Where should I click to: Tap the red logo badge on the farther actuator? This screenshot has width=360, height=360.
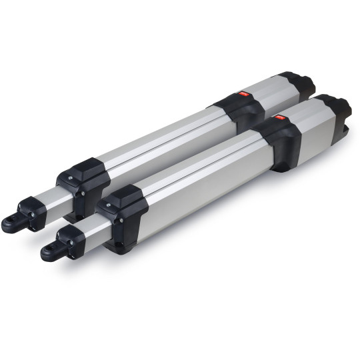(x=243, y=95)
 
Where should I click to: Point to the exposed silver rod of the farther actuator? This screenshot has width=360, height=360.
(x=51, y=194)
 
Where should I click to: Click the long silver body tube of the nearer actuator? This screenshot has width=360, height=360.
(x=200, y=173)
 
